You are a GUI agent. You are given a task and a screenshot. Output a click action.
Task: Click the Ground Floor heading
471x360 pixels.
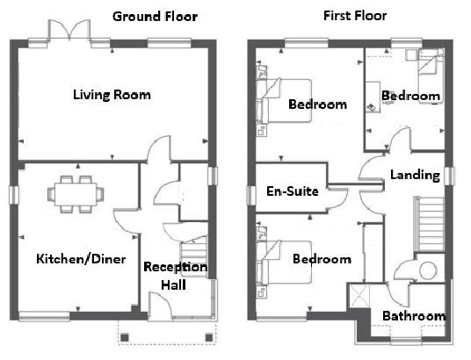(x=155, y=16)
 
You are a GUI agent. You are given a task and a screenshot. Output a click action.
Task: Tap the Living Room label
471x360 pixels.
(x=112, y=95)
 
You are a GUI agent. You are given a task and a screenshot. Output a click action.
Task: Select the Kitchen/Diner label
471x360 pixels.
(x=81, y=259)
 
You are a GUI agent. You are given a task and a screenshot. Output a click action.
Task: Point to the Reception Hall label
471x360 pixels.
(x=176, y=276)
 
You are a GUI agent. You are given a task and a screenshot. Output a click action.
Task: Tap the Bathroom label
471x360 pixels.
(x=413, y=316)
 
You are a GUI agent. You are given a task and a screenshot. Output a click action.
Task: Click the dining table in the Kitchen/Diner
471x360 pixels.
(x=75, y=192)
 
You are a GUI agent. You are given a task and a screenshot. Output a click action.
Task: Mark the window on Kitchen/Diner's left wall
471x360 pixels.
(x=13, y=194)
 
